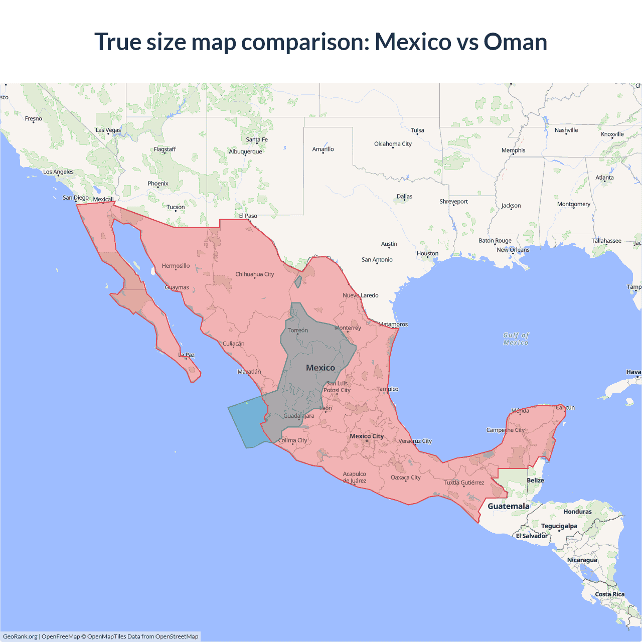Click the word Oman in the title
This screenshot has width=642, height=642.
coord(515,42)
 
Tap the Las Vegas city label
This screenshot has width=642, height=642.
coord(108,130)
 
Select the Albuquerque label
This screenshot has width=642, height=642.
coord(245,151)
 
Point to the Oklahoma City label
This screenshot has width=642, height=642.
coord(393,144)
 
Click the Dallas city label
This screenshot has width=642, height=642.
coord(404,197)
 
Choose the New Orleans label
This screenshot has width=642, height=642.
coord(513,250)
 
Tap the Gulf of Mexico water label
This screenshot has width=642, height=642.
coord(516,339)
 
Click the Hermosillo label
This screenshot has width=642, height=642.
coord(176,266)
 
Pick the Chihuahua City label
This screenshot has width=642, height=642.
coord(255,274)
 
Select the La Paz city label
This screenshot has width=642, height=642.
coord(186,355)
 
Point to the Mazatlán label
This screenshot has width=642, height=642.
coord(249,372)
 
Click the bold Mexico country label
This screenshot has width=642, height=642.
coord(320,368)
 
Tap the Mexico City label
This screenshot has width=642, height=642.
coord(367,436)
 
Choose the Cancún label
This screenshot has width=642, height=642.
coord(565,407)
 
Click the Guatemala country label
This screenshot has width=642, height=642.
coord(508,506)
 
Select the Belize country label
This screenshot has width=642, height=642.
coord(535,480)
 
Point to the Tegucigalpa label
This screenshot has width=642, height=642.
coord(559,526)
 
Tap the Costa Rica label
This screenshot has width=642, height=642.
coord(609,594)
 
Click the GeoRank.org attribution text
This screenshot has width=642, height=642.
coord(21,636)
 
